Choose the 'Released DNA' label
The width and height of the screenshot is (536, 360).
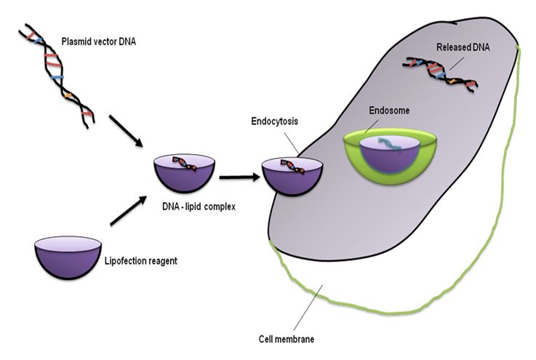pos(465,47)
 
